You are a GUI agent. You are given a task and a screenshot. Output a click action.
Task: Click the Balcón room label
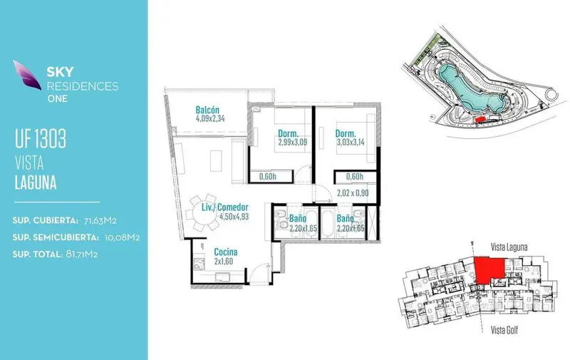point(207,110)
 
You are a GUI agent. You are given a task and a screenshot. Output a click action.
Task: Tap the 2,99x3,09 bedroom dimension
point(293,142)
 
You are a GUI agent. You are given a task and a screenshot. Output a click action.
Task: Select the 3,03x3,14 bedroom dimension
point(351,142)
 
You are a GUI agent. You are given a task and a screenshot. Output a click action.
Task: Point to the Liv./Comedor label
point(225,207)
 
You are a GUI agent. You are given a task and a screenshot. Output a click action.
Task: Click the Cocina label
point(225,252)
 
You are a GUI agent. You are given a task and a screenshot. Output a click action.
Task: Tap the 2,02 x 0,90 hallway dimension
point(353,192)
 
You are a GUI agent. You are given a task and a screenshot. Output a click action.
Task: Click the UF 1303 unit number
point(41,138)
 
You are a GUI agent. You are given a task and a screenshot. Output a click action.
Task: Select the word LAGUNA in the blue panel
point(36,182)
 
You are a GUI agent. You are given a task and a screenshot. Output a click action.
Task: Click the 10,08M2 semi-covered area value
point(122,237)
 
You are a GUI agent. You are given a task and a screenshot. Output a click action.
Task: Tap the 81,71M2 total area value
point(81,254)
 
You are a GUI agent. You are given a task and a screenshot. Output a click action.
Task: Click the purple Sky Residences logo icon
point(27,75)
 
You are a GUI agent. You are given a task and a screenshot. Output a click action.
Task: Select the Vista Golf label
point(504,330)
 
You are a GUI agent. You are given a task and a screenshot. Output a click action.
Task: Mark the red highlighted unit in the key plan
point(489,269)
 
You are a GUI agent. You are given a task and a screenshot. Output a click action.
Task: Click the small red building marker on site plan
point(480,118)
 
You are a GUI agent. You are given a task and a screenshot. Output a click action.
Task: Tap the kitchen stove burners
point(199,264)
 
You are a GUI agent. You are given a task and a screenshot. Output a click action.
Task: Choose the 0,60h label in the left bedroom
point(268,177)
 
